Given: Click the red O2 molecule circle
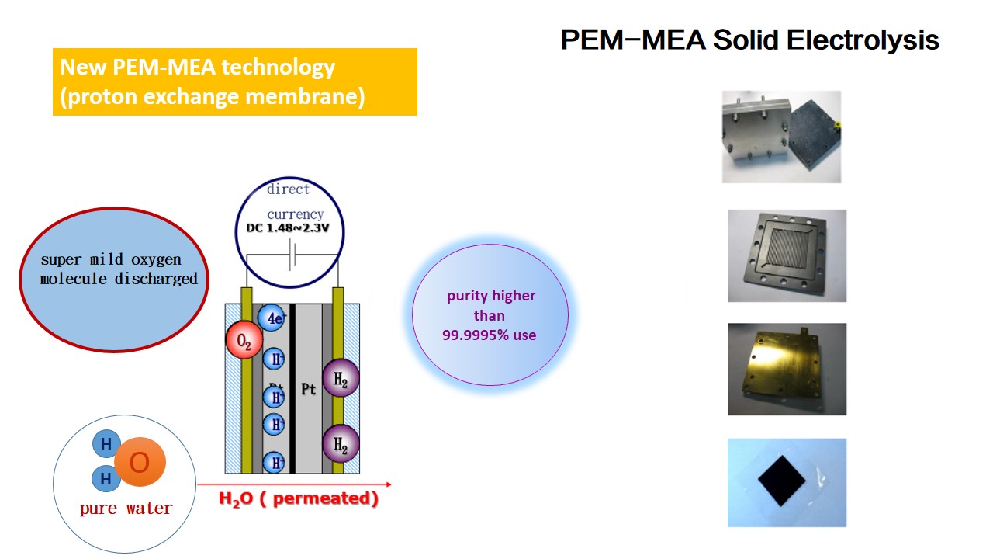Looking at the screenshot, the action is [244, 339].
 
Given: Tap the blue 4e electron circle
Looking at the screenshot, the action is [272, 318].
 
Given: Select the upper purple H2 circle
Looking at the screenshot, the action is [341, 377].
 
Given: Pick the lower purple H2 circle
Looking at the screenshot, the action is [341, 443].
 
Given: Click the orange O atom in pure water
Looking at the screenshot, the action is [140, 462].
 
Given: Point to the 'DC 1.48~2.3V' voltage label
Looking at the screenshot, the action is [288, 228].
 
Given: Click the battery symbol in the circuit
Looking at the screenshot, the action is [292, 255].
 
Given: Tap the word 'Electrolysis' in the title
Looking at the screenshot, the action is [862, 40].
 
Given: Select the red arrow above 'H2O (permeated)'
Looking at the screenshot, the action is [294, 484].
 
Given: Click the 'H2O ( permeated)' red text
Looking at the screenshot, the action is [299, 498].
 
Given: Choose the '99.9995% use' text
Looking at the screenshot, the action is [489, 335].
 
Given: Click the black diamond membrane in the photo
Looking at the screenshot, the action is [781, 481].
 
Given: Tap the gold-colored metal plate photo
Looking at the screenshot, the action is [787, 369].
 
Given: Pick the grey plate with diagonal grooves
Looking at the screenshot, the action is [787, 256].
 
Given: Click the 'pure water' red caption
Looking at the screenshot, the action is [126, 509].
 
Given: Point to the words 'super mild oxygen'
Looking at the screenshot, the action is [111, 259].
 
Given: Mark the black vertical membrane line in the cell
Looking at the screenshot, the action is [292, 389].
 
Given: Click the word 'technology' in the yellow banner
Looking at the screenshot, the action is [278, 68].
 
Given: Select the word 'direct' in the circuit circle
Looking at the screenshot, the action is [288, 189].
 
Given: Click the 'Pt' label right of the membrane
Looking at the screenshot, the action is [308, 390].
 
